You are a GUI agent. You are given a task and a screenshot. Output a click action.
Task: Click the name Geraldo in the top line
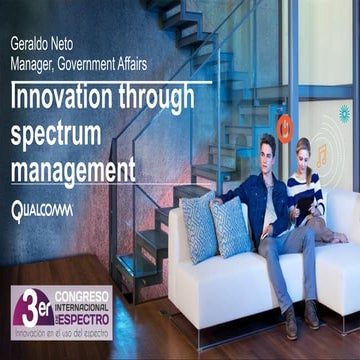coord(31,44)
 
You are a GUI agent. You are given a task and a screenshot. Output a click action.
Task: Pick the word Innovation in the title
coord(64,99)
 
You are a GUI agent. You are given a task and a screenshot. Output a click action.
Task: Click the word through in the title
coord(164,99)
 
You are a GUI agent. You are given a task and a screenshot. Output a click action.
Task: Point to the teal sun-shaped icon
coord(345,112)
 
